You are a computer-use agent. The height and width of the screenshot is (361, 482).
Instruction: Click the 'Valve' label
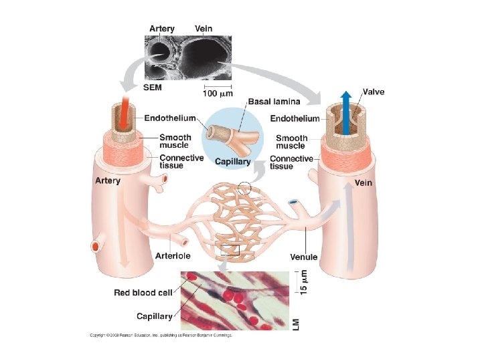coord(373,92)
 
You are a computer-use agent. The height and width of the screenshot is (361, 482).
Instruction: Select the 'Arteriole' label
coord(173,255)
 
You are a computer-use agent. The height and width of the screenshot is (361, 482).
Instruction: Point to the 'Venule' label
coord(303,257)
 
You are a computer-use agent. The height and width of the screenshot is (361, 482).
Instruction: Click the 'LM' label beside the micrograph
coord(297,324)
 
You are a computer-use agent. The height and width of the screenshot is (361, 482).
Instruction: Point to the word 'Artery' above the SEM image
coord(162,29)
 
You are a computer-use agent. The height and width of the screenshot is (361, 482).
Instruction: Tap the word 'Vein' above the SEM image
coord(204,29)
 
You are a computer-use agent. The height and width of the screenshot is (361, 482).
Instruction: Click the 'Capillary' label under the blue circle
coord(233,162)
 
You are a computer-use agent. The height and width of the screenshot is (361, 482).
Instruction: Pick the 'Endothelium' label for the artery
coord(170,118)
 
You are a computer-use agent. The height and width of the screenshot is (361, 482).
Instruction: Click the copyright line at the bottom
coord(161,335)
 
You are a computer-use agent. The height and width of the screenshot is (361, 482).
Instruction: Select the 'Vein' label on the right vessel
coord(364,182)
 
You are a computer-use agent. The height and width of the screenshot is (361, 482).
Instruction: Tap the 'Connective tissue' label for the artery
coord(181,162)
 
